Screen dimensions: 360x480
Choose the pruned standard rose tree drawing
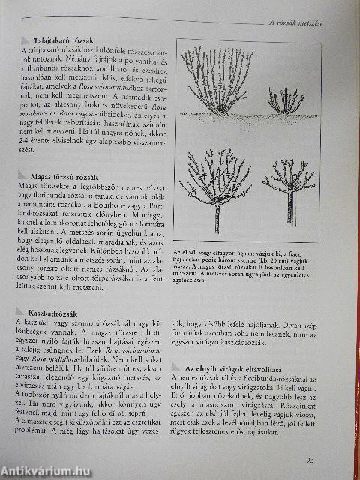288,187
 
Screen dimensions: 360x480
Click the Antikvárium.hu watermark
41,469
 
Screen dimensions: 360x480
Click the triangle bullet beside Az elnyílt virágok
174,369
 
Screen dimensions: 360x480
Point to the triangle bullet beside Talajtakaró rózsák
25,40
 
